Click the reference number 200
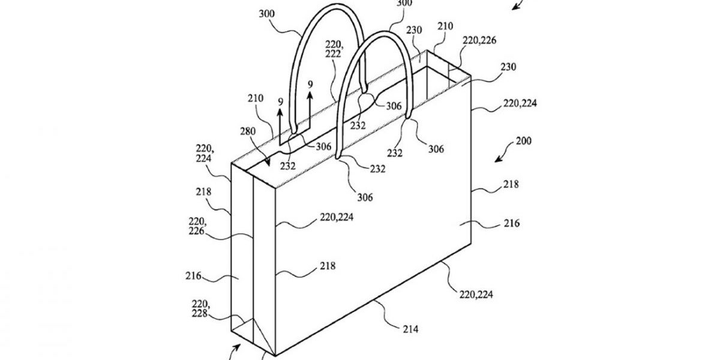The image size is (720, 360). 524,141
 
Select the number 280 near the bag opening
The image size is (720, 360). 248,131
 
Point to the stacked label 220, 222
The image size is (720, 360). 334,49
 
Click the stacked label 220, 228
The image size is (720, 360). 200,308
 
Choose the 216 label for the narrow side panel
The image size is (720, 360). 193,276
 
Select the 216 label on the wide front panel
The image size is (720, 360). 512,223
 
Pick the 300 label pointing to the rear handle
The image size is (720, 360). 267,14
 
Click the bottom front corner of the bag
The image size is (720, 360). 275,356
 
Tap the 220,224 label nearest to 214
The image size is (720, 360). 476,295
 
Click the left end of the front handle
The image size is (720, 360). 337,157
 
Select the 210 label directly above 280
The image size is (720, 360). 256,98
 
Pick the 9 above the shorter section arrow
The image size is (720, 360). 281,102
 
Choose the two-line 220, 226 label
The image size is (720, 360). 197,226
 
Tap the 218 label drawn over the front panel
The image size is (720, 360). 328,266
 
